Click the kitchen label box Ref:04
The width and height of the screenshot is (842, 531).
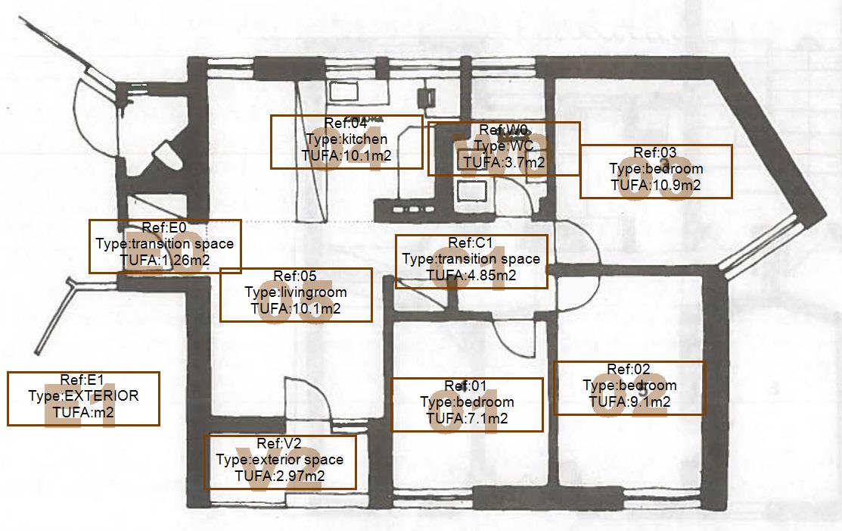346,142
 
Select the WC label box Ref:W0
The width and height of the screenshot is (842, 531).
504,148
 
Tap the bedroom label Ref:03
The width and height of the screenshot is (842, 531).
656,171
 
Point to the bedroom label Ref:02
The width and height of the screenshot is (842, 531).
629,388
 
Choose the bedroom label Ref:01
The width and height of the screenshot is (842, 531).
467,404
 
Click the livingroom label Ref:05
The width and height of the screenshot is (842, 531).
296,294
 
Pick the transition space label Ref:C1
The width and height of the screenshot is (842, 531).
471,261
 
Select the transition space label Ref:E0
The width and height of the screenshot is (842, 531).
165,246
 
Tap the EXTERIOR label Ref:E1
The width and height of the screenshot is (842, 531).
83,398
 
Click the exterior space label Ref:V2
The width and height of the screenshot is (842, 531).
280,462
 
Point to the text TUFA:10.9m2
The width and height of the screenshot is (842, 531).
656,185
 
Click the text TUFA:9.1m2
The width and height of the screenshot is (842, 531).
629,402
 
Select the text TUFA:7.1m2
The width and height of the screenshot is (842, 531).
467,418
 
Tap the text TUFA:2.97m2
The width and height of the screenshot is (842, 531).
280,476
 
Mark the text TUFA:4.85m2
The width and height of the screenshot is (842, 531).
471,275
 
